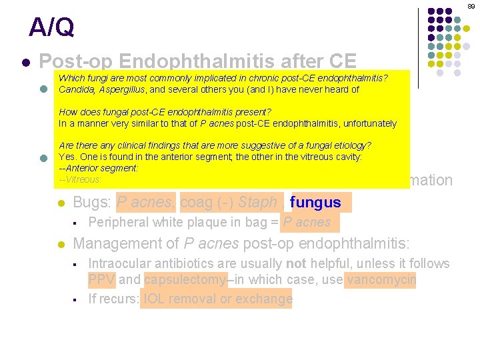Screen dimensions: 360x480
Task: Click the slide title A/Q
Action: coord(51,27)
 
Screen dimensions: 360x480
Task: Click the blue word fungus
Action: coord(316,202)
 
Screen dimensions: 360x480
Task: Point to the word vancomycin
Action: coord(381,280)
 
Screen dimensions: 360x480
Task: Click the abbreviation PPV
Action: coord(101,280)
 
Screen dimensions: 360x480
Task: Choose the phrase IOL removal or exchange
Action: coord(217,299)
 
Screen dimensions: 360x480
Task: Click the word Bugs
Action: coord(91,202)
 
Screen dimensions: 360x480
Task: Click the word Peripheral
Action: coord(119,222)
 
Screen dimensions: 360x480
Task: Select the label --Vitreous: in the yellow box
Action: coord(80,180)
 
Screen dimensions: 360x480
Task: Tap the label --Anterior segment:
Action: coord(98,169)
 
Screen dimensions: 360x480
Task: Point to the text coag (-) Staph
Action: coord(229,202)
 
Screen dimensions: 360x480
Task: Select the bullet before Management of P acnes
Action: coord(61,245)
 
